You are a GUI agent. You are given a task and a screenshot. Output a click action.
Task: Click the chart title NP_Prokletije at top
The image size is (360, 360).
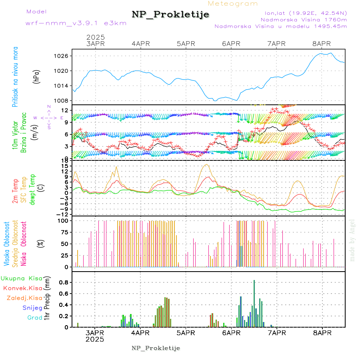point(170,15)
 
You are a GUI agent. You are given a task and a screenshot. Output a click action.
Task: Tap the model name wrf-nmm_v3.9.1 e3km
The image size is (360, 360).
point(76,23)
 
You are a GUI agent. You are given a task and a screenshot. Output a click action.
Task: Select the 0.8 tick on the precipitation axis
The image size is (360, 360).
point(64,282)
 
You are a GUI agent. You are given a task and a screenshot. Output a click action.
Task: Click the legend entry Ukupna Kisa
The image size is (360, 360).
point(21,278)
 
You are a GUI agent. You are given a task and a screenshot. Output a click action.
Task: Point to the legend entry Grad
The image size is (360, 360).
point(34,318)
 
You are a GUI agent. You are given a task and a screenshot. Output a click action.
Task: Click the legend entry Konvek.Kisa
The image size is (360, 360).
point(22,288)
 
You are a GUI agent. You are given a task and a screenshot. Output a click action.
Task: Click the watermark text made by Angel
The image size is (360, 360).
point(352,240)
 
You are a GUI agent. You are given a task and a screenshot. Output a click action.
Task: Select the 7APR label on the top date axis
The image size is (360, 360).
point(276,44)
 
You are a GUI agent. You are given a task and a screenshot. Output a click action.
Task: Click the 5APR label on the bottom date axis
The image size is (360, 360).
point(185,333)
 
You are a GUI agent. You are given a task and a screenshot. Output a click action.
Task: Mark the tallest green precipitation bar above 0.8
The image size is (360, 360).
point(254,303)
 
